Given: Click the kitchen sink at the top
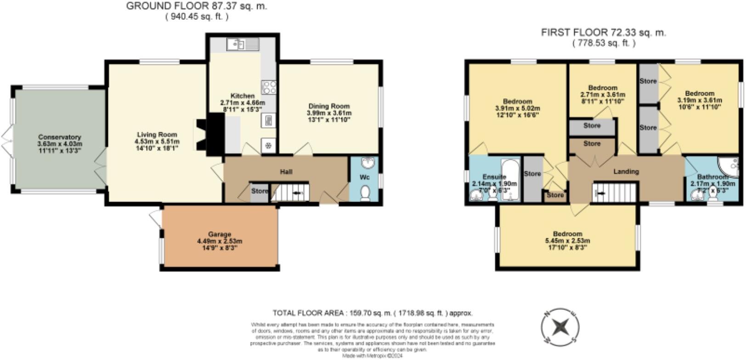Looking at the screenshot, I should point(243,45).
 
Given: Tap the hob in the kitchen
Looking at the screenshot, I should point(269,87).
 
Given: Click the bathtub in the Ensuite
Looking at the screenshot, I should point(510,180).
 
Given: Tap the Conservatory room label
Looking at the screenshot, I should point(60,137).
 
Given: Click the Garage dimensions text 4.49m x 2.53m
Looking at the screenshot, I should point(220,241).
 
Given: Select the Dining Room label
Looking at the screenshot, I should point(329,106).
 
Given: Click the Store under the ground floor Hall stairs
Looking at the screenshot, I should point(260,191).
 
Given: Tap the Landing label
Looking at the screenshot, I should point(626,171).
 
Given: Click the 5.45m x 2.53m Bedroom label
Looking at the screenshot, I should point(567,234).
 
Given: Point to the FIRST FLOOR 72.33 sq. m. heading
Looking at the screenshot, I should point(603,33).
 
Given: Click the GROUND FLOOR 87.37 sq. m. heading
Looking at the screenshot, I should point(197,6).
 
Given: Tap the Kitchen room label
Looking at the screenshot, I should point(242,96).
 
